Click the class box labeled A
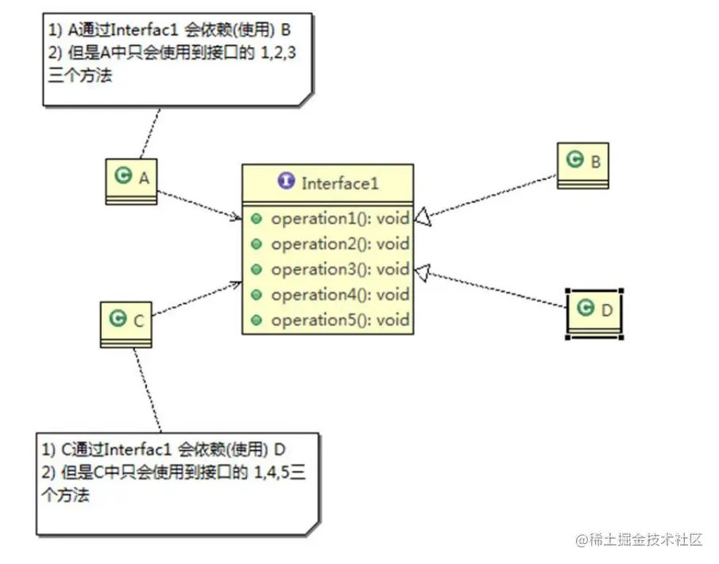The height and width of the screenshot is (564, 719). (131, 180)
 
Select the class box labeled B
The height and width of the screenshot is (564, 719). (582, 164)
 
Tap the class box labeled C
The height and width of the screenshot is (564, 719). (126, 323)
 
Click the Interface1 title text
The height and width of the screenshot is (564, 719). (340, 184)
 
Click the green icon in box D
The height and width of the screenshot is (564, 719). (586, 309)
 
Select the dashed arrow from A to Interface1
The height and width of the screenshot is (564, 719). (199, 204)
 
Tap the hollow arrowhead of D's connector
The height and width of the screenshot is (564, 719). (423, 271)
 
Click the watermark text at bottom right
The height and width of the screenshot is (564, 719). (640, 539)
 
